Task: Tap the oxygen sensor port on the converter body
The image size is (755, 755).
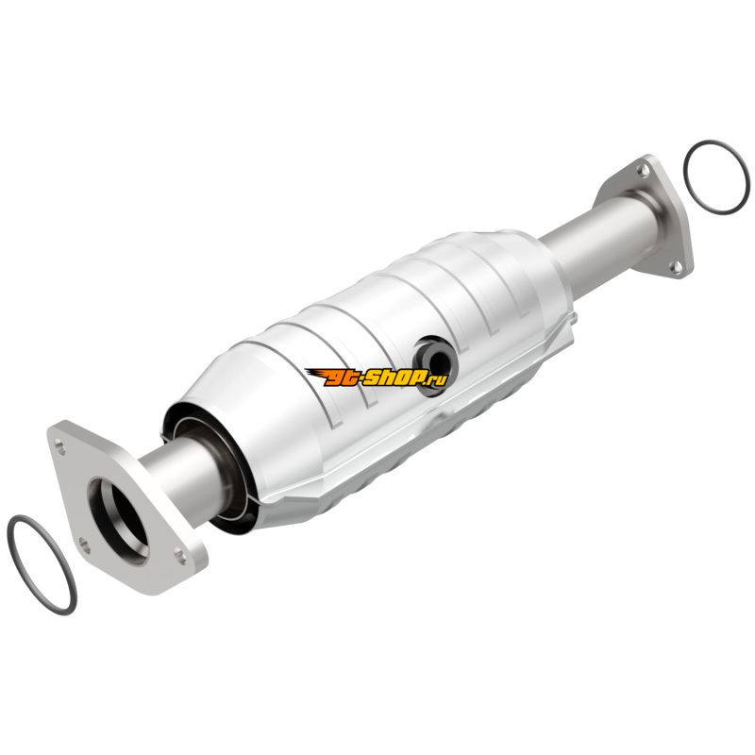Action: [435, 366]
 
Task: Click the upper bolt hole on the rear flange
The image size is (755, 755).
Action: [644, 169]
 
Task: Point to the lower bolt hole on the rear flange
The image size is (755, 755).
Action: [677, 267]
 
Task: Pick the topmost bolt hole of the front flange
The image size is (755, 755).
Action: [60, 445]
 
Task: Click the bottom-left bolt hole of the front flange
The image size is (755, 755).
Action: [84, 545]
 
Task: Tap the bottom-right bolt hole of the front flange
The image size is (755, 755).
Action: [180, 556]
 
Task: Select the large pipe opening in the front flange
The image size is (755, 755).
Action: [119, 521]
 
